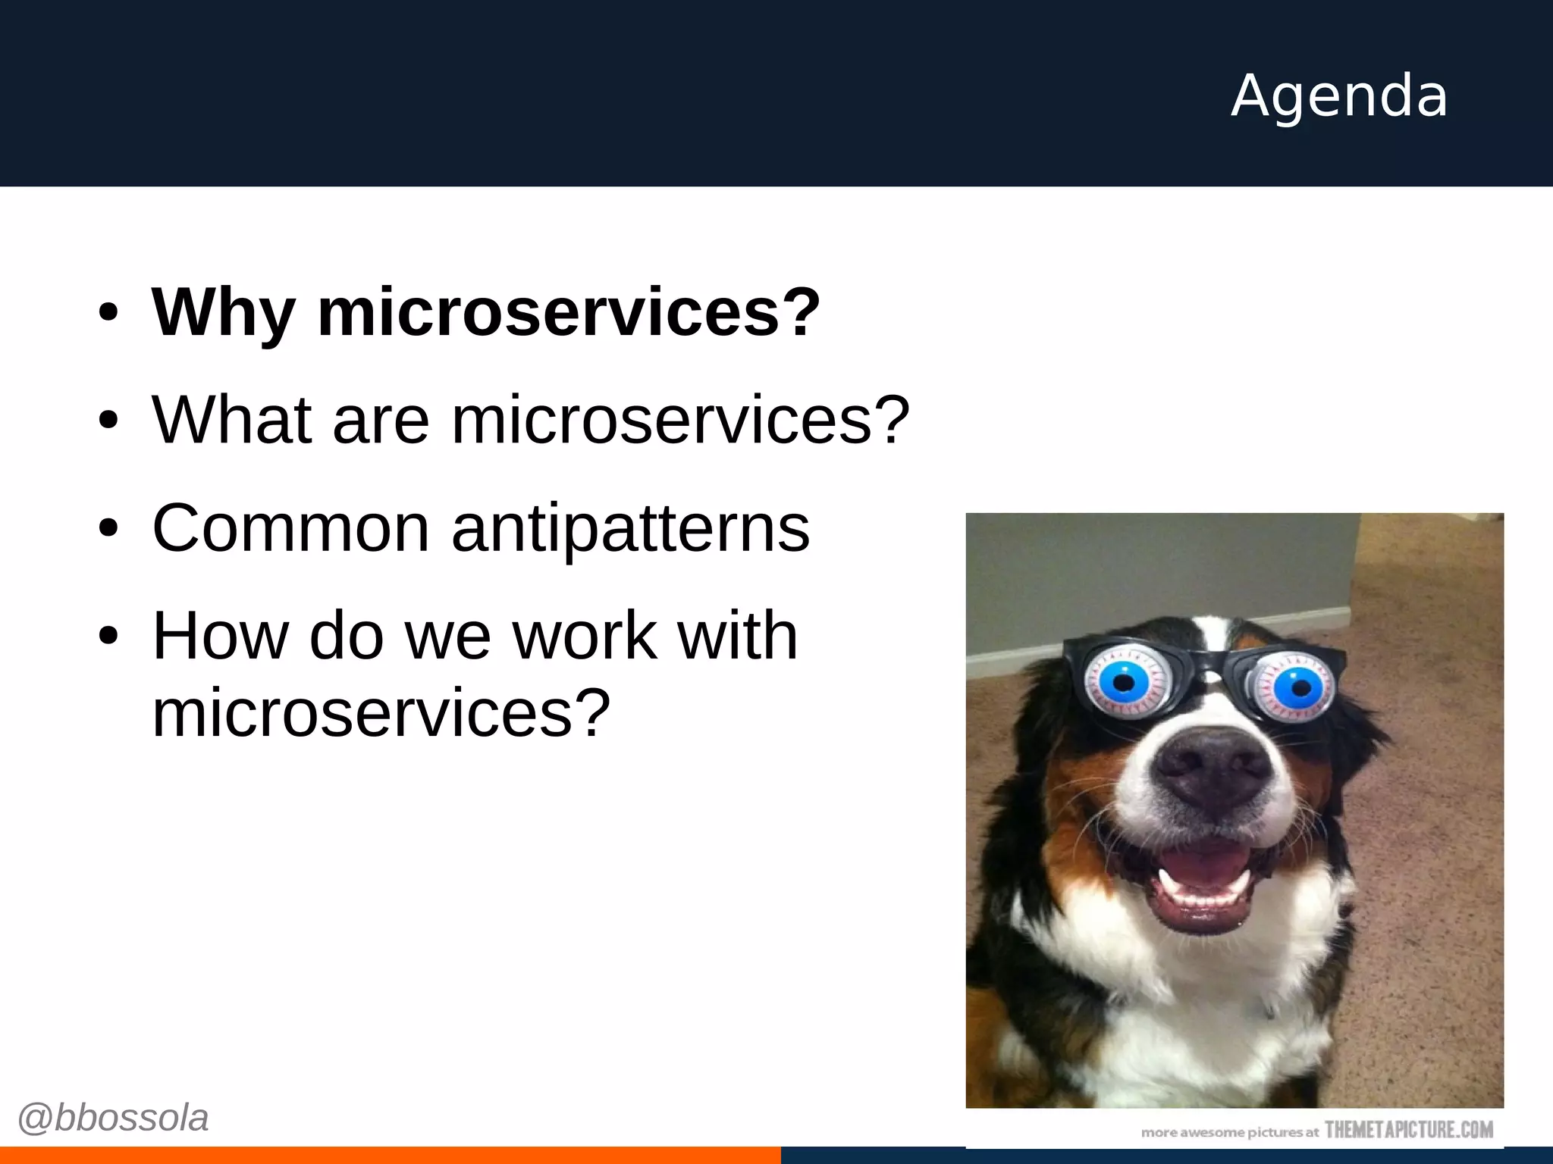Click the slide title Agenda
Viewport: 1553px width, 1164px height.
tap(1339, 96)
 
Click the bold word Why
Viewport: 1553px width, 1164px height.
tap(223, 312)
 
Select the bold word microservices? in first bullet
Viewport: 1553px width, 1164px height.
tap(569, 312)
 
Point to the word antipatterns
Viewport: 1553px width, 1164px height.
tap(631, 529)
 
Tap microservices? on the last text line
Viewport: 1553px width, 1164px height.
tap(381, 712)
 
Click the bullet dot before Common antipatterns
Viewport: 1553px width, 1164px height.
tap(108, 528)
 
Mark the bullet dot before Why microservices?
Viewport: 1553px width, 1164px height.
tap(108, 313)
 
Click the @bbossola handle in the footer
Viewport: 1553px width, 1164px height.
tap(113, 1118)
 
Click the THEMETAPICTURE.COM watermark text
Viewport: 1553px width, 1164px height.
tap(1409, 1130)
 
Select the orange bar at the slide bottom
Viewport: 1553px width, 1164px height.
tap(390, 1155)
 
